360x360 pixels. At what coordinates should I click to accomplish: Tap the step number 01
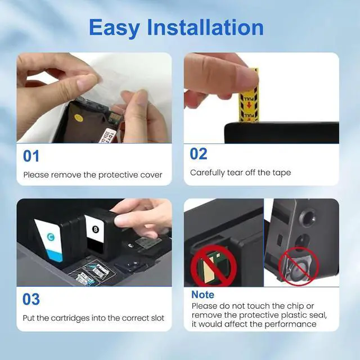pos(31,156)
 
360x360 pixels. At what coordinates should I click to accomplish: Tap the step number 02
pos(199,154)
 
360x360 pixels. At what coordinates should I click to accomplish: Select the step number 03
pos(31,299)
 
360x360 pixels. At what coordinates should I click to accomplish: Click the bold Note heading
pos(202,295)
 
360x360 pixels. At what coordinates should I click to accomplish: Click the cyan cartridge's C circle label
pos(52,237)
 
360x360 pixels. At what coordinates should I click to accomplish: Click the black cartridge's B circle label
pos(95,229)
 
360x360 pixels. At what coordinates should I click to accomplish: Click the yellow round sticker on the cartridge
pos(79,119)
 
